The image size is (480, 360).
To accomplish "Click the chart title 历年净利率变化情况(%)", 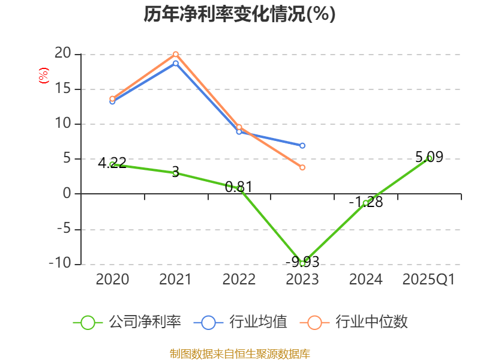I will pyautogui.click(x=239, y=14).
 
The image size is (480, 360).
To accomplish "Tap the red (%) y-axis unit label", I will pyautogui.click(x=43, y=76).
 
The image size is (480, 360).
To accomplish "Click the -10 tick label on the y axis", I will pyautogui.click(x=59, y=263).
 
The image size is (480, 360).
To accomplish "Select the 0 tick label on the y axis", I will pyautogui.click(x=67, y=194).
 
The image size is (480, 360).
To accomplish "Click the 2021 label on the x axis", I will pyautogui.click(x=175, y=279).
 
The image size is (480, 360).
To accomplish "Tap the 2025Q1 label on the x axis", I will pyautogui.click(x=428, y=279).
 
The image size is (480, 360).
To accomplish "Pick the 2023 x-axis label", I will pyautogui.click(x=302, y=279).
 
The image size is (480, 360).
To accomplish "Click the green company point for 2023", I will pyautogui.click(x=302, y=263).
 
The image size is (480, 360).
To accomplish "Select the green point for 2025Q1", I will pyautogui.click(x=429, y=158).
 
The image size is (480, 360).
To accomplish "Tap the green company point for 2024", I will pyautogui.click(x=365, y=203).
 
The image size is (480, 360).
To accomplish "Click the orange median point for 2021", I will pyautogui.click(x=176, y=55).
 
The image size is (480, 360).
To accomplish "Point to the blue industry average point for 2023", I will pyautogui.click(x=302, y=146).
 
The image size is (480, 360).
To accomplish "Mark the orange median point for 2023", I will pyautogui.click(x=302, y=167).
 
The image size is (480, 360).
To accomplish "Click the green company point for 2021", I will pyautogui.click(x=176, y=173).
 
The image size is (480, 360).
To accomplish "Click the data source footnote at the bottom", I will pyautogui.click(x=239, y=353).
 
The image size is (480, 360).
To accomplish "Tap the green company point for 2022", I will pyautogui.click(x=239, y=188).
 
